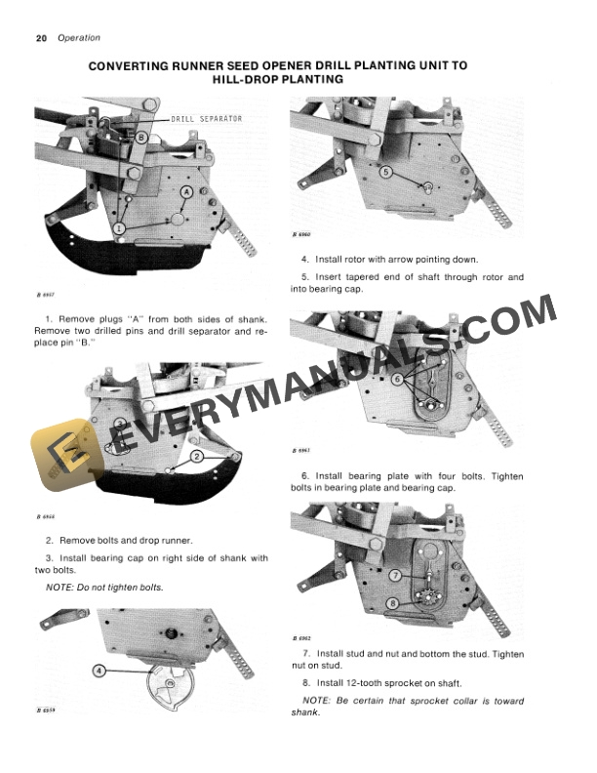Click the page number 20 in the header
coord(41,38)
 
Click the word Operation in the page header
coord(79,38)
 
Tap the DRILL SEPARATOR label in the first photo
coord(207,118)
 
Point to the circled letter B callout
coord(142,138)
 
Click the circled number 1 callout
coord(119,227)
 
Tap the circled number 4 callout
coord(99,670)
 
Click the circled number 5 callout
coord(386,172)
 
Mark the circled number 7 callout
coord(395,576)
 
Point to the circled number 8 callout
coord(392,603)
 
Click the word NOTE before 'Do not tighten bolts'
coord(64,587)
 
